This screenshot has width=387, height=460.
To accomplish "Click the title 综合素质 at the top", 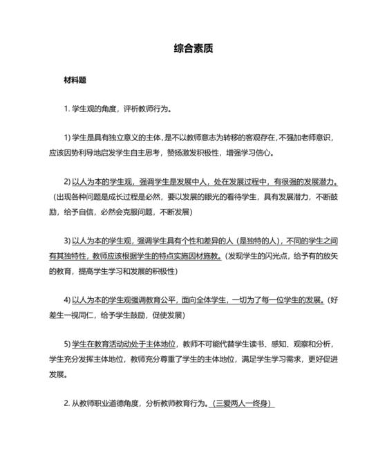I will coord(193,50).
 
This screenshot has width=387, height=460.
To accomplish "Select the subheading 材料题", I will coord(74,80).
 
